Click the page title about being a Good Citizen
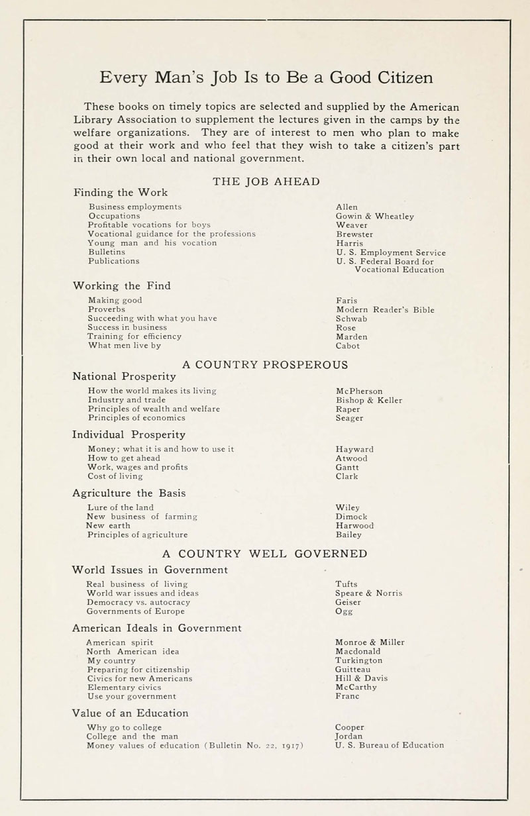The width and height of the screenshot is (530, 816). pyautogui.click(x=266, y=78)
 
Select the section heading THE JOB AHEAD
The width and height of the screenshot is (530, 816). pyautogui.click(x=266, y=181)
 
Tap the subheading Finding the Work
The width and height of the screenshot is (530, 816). pyautogui.click(x=120, y=193)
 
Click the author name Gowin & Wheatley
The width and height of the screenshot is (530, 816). pyautogui.click(x=375, y=216)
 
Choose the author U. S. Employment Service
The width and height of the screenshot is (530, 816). pyautogui.click(x=391, y=252)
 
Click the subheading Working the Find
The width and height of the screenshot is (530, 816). pyautogui.click(x=122, y=286)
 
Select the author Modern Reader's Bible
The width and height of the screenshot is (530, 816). pyautogui.click(x=386, y=309)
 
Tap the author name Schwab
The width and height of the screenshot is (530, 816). pyautogui.click(x=352, y=319)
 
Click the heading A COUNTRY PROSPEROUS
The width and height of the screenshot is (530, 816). pyautogui.click(x=265, y=364)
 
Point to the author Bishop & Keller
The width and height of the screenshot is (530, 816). pyautogui.click(x=369, y=400)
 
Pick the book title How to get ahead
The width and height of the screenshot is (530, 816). pyautogui.click(x=124, y=458)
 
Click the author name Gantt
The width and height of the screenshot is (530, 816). pyautogui.click(x=347, y=467)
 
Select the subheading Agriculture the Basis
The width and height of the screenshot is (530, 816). pyautogui.click(x=129, y=493)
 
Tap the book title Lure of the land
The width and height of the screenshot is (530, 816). pyautogui.click(x=121, y=508)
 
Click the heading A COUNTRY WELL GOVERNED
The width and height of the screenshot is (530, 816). pyautogui.click(x=265, y=554)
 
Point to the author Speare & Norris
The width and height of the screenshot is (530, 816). pyautogui.click(x=369, y=593)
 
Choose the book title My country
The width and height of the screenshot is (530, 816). pyautogui.click(x=111, y=660)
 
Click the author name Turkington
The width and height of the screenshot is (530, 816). pyautogui.click(x=359, y=660)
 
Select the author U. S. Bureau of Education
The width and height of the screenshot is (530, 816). pyautogui.click(x=390, y=745)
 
